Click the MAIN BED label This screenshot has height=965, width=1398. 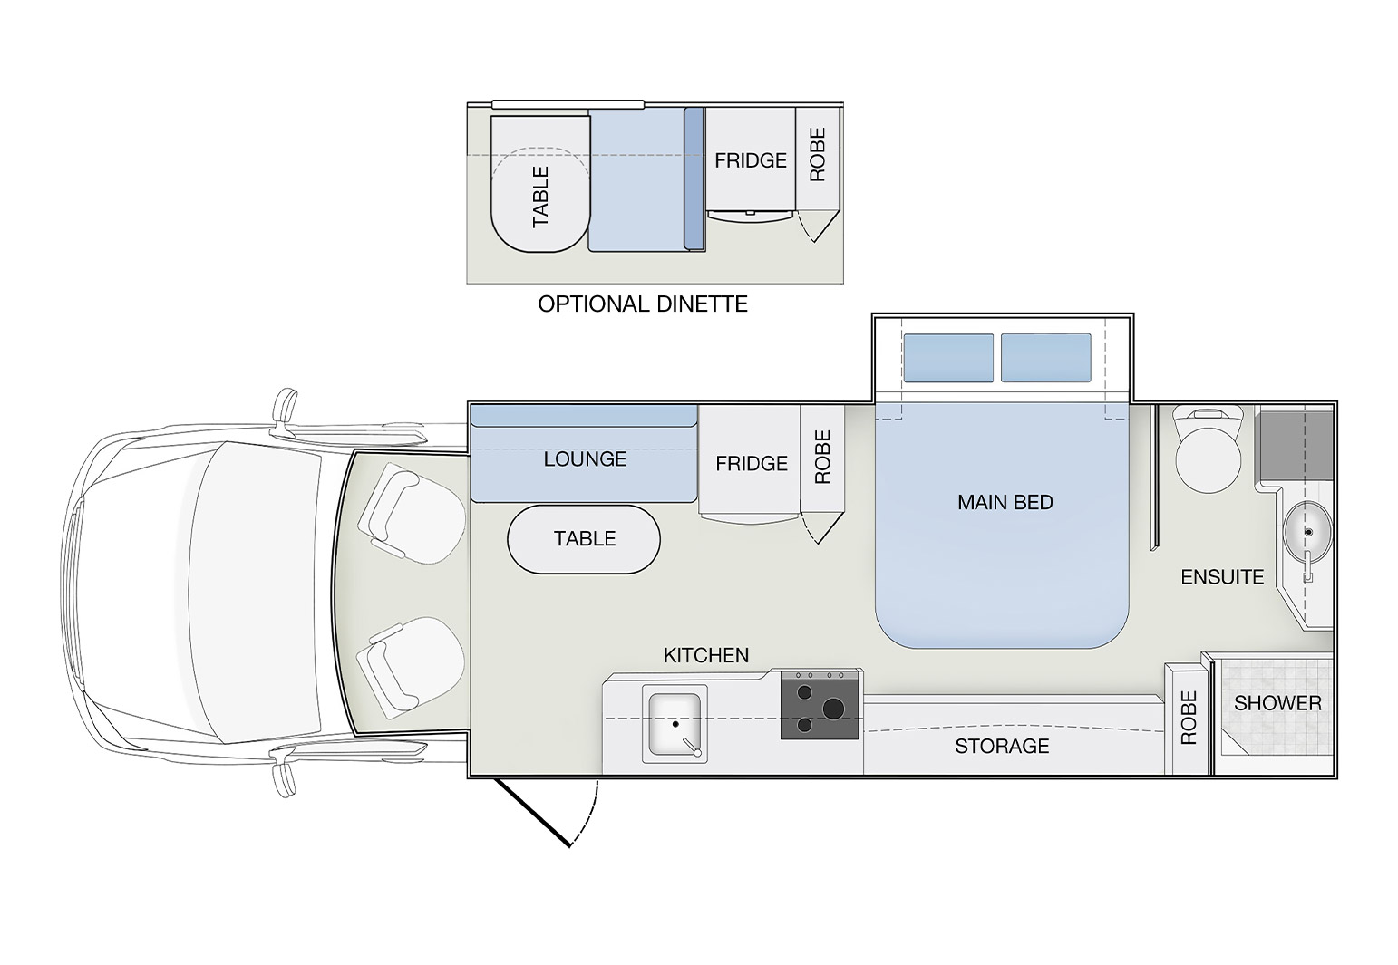pyautogui.click(x=1005, y=502)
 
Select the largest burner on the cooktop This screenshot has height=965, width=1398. pyautogui.click(x=832, y=708)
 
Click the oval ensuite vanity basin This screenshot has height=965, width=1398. pyautogui.click(x=1307, y=534)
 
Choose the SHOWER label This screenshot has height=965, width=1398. pyautogui.click(x=1277, y=704)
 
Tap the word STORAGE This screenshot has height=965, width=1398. pyautogui.click(x=1002, y=746)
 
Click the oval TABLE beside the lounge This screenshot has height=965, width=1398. pyautogui.click(x=584, y=539)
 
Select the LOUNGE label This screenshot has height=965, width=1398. pyautogui.click(x=585, y=459)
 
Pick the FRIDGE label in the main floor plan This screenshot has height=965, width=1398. pyautogui.click(x=752, y=464)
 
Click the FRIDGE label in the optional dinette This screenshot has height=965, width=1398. pyautogui.click(x=750, y=160)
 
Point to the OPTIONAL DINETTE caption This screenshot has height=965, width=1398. pyautogui.click(x=643, y=304)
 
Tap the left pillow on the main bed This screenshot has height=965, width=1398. pyautogui.click(x=948, y=357)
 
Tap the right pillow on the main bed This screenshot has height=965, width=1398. pyautogui.click(x=1046, y=357)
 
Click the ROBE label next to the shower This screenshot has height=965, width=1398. pyautogui.click(x=1189, y=718)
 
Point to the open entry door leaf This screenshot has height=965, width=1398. pyautogui.click(x=532, y=812)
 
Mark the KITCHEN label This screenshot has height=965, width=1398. pyautogui.click(x=706, y=655)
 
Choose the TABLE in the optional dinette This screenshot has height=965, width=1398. pyautogui.click(x=540, y=184)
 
